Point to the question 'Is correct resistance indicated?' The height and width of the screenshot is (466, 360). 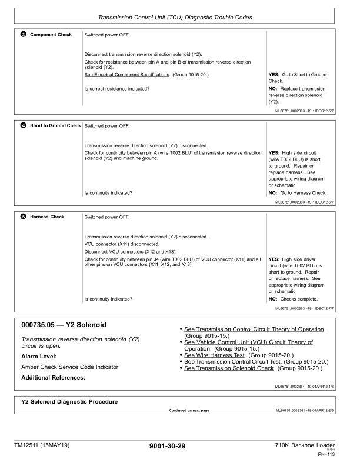click(x=117, y=88)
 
